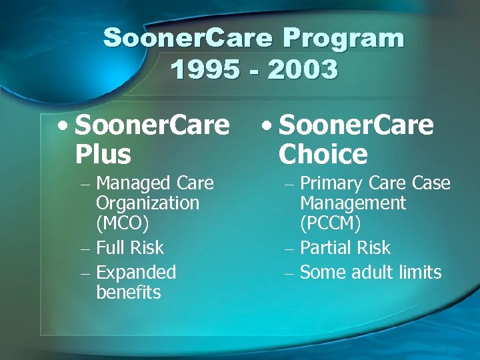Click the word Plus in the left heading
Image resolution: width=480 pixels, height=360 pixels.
pos(103,154)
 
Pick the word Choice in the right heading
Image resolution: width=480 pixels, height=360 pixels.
pos(323,154)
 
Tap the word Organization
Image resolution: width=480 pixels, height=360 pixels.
pos(147,203)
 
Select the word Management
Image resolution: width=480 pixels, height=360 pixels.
pos(353,203)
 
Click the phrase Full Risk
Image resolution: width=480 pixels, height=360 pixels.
pos(130,248)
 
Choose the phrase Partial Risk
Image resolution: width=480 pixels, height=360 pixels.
pos(345,248)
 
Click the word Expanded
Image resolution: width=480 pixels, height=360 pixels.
pos(136,273)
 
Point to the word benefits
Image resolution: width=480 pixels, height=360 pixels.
pos(129,292)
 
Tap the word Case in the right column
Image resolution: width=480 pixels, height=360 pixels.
pos(431,183)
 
